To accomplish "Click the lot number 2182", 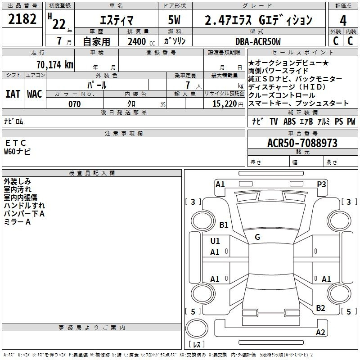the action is point(22,19).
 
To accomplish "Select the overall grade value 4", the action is point(343,21).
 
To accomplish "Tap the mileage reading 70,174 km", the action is point(55,65).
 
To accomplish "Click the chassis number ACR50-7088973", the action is point(302,143).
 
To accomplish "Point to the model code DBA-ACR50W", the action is point(258,41).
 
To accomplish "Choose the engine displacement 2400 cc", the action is point(141,42).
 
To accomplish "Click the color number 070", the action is point(75,104).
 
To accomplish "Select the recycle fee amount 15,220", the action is point(225,104).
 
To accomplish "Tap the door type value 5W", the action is point(174,20).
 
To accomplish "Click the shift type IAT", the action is point(13,94).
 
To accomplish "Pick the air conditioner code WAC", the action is point(35,94).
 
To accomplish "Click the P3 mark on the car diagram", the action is point(321,184).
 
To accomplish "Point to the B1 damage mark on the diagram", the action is point(224,225).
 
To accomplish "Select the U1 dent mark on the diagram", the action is point(215,241).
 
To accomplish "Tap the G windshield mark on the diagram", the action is point(257,237).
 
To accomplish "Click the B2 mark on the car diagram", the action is point(320,308).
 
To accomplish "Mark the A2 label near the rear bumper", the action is point(320,333).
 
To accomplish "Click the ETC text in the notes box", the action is point(15,143).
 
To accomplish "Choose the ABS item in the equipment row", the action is point(289,121).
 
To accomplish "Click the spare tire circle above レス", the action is point(197,328).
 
